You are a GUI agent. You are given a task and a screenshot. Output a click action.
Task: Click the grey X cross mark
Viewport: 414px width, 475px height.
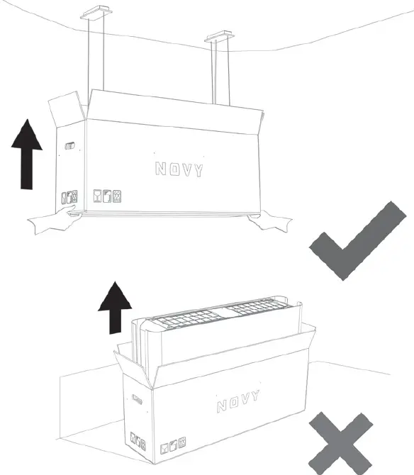[x=341, y=443]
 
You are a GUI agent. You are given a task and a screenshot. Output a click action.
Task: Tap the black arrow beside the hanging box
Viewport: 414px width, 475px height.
[x=27, y=154]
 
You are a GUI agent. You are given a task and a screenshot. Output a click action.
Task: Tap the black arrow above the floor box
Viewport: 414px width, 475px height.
[x=115, y=308]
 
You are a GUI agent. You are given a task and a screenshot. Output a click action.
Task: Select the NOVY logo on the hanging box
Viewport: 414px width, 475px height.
[x=179, y=169]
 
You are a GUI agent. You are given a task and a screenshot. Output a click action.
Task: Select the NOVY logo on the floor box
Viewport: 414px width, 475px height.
[x=238, y=401]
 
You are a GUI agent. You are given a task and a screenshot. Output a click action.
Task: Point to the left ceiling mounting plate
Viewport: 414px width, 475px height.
[x=96, y=13]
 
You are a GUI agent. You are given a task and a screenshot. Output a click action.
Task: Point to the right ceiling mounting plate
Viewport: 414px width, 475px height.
[x=219, y=36]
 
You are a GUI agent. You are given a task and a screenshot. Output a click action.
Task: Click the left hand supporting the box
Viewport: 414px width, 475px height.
[x=55, y=220]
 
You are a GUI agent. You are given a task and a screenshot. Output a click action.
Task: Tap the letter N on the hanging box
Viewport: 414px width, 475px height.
[x=160, y=169]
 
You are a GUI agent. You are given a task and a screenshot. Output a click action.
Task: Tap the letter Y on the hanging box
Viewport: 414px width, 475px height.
[x=198, y=171]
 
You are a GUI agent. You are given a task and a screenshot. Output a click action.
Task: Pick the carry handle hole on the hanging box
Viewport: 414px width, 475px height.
[x=70, y=146]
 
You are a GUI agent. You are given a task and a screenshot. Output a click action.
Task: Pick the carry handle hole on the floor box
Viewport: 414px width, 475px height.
[x=138, y=400]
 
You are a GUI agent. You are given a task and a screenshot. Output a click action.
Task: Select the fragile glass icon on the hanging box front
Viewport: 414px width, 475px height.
[x=97, y=196]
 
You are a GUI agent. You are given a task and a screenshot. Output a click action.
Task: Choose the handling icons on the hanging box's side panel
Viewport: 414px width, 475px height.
[x=69, y=197]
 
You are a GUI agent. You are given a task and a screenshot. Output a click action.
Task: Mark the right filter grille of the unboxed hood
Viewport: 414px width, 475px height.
[x=257, y=306]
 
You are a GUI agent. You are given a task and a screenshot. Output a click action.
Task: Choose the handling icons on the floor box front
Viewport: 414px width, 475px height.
[x=173, y=445]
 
